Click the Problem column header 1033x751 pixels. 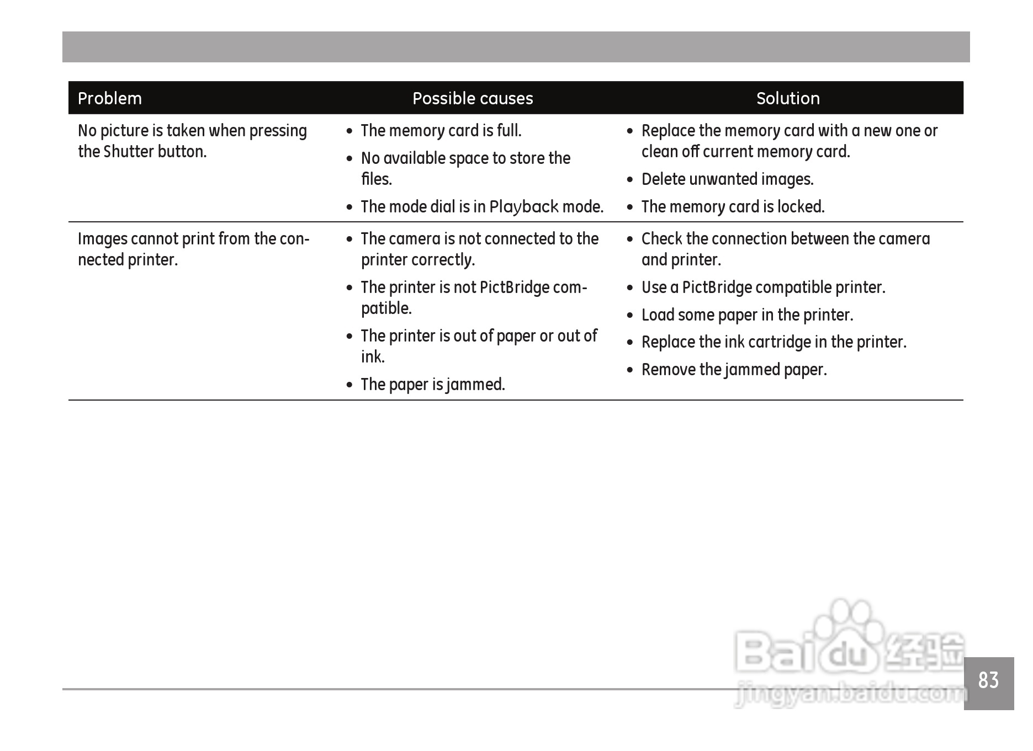[x=110, y=99]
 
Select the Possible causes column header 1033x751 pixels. [x=473, y=99]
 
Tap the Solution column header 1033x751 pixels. [x=788, y=99]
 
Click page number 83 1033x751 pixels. [x=988, y=681]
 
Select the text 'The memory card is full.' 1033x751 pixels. [x=441, y=131]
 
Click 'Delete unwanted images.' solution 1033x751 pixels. [x=727, y=179]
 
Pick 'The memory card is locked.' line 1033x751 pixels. [x=733, y=207]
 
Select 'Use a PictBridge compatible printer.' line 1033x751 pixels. [x=763, y=287]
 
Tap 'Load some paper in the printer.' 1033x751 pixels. [x=747, y=315]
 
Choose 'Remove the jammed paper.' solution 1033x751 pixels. [x=734, y=370]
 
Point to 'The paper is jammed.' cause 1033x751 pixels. [x=433, y=385]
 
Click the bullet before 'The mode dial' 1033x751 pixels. [x=349, y=208]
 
